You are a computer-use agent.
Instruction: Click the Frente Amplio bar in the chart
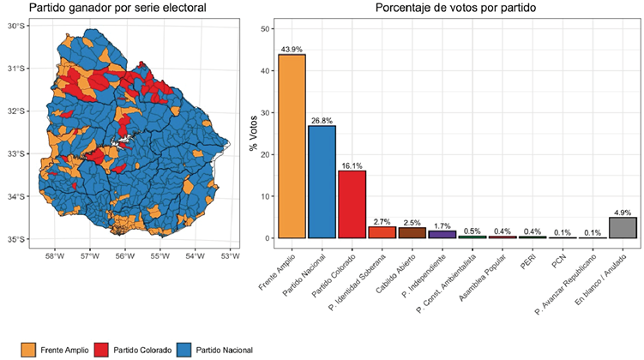tap(292, 146)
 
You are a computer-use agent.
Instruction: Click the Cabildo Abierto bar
tap(412, 232)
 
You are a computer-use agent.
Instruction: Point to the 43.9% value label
tap(292, 48)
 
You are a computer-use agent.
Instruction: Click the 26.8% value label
tap(322, 120)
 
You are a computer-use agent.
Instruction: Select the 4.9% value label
tap(623, 212)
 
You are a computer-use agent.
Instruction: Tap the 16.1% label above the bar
tap(352, 165)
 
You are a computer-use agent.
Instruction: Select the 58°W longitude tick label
tap(54, 255)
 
